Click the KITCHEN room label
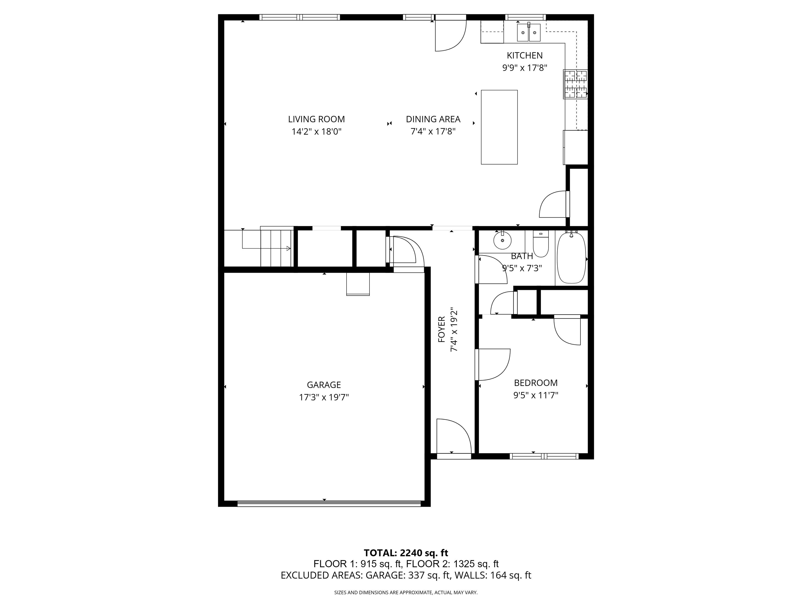coord(525,56)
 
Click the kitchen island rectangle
coord(499,127)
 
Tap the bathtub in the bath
coord(571,258)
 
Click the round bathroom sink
coord(502,241)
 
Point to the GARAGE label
coord(324,385)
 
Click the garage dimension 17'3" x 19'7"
coord(324,397)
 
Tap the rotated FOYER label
coord(442,329)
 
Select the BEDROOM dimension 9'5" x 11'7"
coord(536,395)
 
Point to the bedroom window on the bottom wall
coord(544,456)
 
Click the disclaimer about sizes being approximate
coord(406,593)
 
